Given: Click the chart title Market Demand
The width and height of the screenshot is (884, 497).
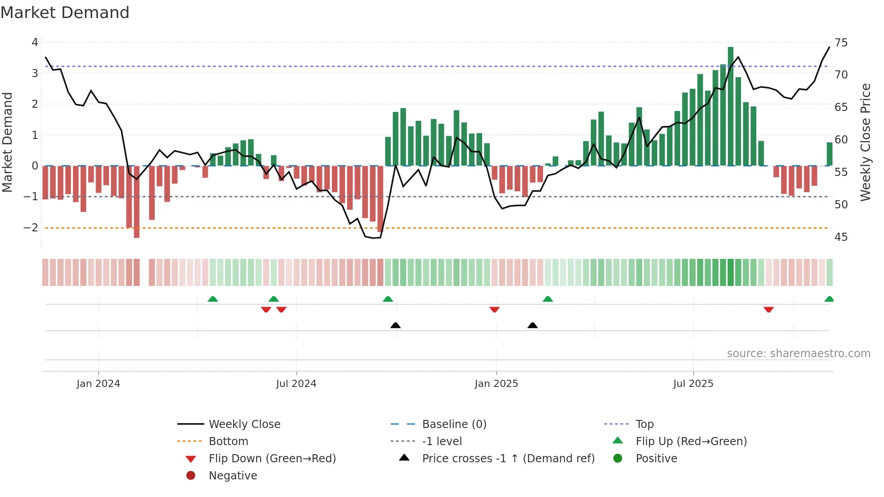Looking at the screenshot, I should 65,13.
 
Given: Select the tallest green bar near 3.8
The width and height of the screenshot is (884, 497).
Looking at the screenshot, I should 730,106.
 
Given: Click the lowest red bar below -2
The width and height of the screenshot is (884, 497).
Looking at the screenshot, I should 137,202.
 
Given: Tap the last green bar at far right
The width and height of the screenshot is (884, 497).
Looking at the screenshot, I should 829,154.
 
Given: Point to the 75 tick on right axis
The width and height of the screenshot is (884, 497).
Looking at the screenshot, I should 841,42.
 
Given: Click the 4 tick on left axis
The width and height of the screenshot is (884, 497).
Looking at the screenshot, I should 35,42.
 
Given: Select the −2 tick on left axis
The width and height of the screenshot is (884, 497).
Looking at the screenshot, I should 31,228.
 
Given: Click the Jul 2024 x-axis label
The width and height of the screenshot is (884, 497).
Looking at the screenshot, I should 296,384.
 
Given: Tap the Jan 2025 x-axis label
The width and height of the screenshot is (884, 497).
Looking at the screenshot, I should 496,384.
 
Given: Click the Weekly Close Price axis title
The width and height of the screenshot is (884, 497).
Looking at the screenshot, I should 865,142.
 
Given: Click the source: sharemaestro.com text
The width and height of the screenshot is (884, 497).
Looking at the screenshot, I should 798,354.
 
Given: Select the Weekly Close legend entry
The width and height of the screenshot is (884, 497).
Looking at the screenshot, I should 244,424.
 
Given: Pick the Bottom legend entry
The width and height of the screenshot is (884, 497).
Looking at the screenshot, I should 228,442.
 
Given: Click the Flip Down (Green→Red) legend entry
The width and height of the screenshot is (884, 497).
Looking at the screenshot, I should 272,459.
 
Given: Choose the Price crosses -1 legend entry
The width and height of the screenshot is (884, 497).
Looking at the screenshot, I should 508,459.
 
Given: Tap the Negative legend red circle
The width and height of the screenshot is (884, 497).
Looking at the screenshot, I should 191,475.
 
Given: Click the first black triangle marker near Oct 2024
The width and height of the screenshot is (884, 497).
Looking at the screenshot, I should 396,325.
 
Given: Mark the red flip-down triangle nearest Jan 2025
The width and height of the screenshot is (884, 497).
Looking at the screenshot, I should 494,309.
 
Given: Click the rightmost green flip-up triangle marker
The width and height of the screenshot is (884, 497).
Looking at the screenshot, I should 829,299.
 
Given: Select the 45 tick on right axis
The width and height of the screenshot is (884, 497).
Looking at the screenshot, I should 841,237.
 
